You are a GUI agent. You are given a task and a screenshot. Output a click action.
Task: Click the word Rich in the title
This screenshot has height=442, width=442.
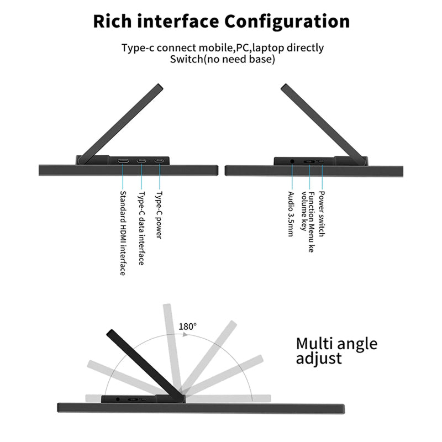(x=112, y=21)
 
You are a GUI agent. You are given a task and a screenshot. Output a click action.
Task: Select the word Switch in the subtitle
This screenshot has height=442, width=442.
(x=186, y=59)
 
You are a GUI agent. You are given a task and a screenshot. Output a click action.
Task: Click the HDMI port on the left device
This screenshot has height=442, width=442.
(x=123, y=161)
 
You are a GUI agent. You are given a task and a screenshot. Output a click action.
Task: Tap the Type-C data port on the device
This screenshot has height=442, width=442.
(x=141, y=161)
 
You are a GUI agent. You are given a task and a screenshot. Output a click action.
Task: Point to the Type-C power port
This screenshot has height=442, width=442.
(x=159, y=161)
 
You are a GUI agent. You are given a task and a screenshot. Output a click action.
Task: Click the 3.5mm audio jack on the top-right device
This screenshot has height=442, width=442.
(x=292, y=161)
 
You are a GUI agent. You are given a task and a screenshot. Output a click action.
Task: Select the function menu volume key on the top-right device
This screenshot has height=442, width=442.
(x=309, y=162)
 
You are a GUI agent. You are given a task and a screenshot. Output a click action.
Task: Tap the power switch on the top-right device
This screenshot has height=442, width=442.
(x=321, y=161)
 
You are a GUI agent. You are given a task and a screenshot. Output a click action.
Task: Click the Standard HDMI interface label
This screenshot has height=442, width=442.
(x=123, y=233)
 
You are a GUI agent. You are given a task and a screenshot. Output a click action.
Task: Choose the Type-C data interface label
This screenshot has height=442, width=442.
(x=141, y=228)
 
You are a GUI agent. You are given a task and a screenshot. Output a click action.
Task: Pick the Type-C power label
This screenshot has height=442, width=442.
(x=159, y=215)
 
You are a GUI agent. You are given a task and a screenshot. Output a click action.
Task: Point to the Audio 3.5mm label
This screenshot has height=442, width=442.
(x=291, y=214)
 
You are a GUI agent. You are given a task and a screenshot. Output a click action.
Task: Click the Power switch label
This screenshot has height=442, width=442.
(x=322, y=214)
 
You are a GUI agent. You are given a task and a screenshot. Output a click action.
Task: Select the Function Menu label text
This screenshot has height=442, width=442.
(x=311, y=222)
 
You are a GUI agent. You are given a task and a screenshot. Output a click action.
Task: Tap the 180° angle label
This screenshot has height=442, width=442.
(x=187, y=327)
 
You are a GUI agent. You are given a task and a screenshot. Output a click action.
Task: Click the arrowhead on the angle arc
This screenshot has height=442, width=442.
(x=185, y=334)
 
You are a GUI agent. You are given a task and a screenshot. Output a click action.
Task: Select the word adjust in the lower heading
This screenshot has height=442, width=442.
(x=319, y=359)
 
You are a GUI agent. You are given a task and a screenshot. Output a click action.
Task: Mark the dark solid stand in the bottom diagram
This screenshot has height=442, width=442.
(x=146, y=365)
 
